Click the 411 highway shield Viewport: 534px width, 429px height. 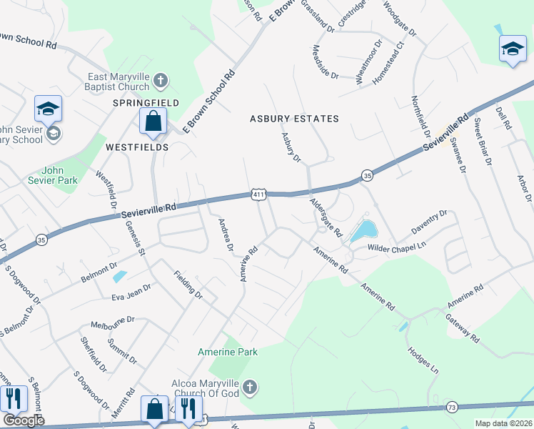[x=258, y=194]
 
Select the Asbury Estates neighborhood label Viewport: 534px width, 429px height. [x=293, y=119]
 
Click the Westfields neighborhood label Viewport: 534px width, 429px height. [x=137, y=147]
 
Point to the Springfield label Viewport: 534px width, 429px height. [x=146, y=103]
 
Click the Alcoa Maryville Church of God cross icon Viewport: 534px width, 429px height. [x=248, y=388]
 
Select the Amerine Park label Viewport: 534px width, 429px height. [x=228, y=352]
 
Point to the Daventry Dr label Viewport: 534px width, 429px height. [x=428, y=223]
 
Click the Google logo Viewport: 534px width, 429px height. [x=24, y=420]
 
